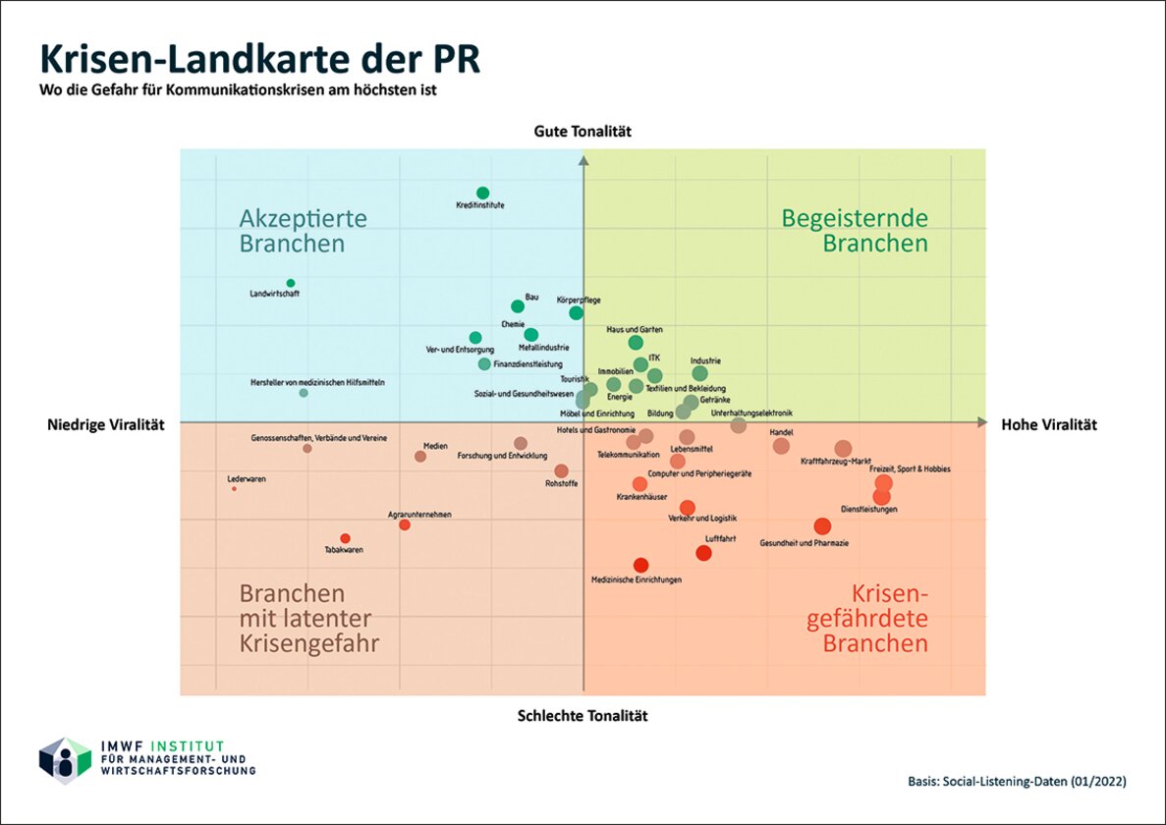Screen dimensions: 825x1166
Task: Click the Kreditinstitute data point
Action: tap(482, 192)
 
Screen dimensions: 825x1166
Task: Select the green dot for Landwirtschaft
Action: tap(291, 283)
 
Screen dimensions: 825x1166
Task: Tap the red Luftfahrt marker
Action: tap(703, 553)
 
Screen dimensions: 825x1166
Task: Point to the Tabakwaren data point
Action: tap(345, 538)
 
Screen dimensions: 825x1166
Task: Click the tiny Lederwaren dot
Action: tap(234, 488)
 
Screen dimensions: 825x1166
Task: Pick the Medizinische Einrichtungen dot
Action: tap(640, 565)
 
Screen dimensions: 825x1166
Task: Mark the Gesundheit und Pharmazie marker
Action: tap(822, 526)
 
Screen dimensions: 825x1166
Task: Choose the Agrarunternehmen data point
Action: tap(405, 524)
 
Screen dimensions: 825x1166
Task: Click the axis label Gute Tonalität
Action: tap(583, 131)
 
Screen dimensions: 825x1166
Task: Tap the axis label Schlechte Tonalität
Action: tap(583, 716)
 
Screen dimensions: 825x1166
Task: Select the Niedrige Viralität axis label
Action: tap(106, 424)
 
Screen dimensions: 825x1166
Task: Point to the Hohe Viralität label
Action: tap(1049, 424)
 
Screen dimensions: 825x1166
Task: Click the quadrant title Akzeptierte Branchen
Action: tap(303, 231)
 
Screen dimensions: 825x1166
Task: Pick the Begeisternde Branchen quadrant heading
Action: tap(855, 231)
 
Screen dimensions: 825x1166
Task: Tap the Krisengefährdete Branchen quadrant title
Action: tap(874, 619)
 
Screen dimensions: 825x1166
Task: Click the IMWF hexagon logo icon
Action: tap(65, 760)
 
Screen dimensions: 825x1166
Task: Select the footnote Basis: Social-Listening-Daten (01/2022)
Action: tap(1017, 782)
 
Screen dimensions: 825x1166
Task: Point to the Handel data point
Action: tap(781, 446)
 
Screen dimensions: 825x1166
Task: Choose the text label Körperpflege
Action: tap(579, 300)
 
